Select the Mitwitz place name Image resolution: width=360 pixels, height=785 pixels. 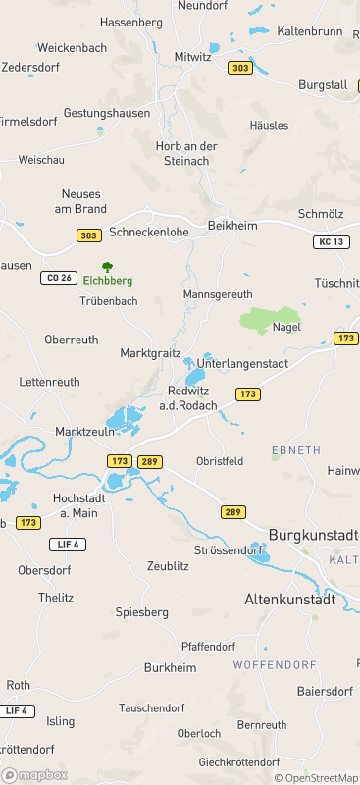tap(193, 56)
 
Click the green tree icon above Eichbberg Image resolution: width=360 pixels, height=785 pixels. tap(107, 266)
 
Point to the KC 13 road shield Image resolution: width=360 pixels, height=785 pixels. tap(333, 241)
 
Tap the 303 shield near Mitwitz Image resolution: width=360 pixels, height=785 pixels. tap(239, 68)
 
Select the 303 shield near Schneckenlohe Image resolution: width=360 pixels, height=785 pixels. tap(89, 235)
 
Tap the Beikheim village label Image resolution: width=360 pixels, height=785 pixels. tap(232, 226)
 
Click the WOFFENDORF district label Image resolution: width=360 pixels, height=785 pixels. tap(265, 665)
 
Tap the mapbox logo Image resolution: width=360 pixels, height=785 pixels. tap(35, 775)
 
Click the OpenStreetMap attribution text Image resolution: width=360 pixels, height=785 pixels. tap(316, 777)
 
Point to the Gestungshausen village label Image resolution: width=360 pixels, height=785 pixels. tap(107, 113)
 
